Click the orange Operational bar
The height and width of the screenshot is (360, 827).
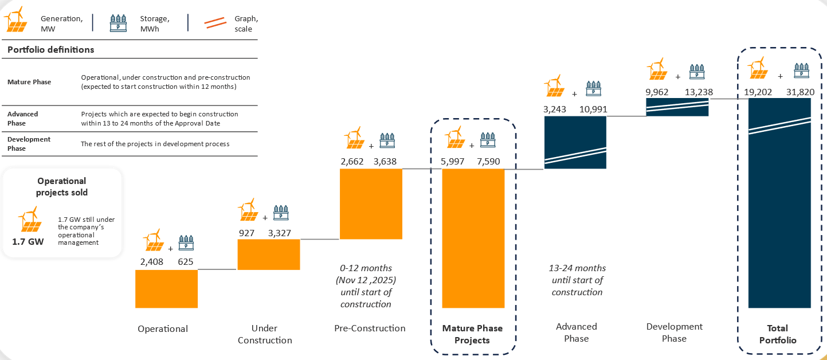(166, 288)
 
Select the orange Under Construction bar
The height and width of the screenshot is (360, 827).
(268, 254)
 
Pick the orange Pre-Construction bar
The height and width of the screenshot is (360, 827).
(371, 204)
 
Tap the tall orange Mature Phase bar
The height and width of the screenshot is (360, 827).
(473, 238)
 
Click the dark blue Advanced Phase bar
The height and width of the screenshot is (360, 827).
(575, 142)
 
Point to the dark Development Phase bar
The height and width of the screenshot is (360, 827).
(677, 107)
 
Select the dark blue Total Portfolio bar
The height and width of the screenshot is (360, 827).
(779, 203)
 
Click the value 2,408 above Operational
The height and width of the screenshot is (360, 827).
(152, 262)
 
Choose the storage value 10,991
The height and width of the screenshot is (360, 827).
(593, 109)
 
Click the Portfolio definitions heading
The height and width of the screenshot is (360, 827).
(50, 50)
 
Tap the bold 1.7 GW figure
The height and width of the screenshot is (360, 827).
(28, 241)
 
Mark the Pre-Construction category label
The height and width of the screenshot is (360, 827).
(370, 328)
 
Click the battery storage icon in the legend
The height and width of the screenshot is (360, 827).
(118, 23)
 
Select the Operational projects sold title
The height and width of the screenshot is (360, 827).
(62, 187)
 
